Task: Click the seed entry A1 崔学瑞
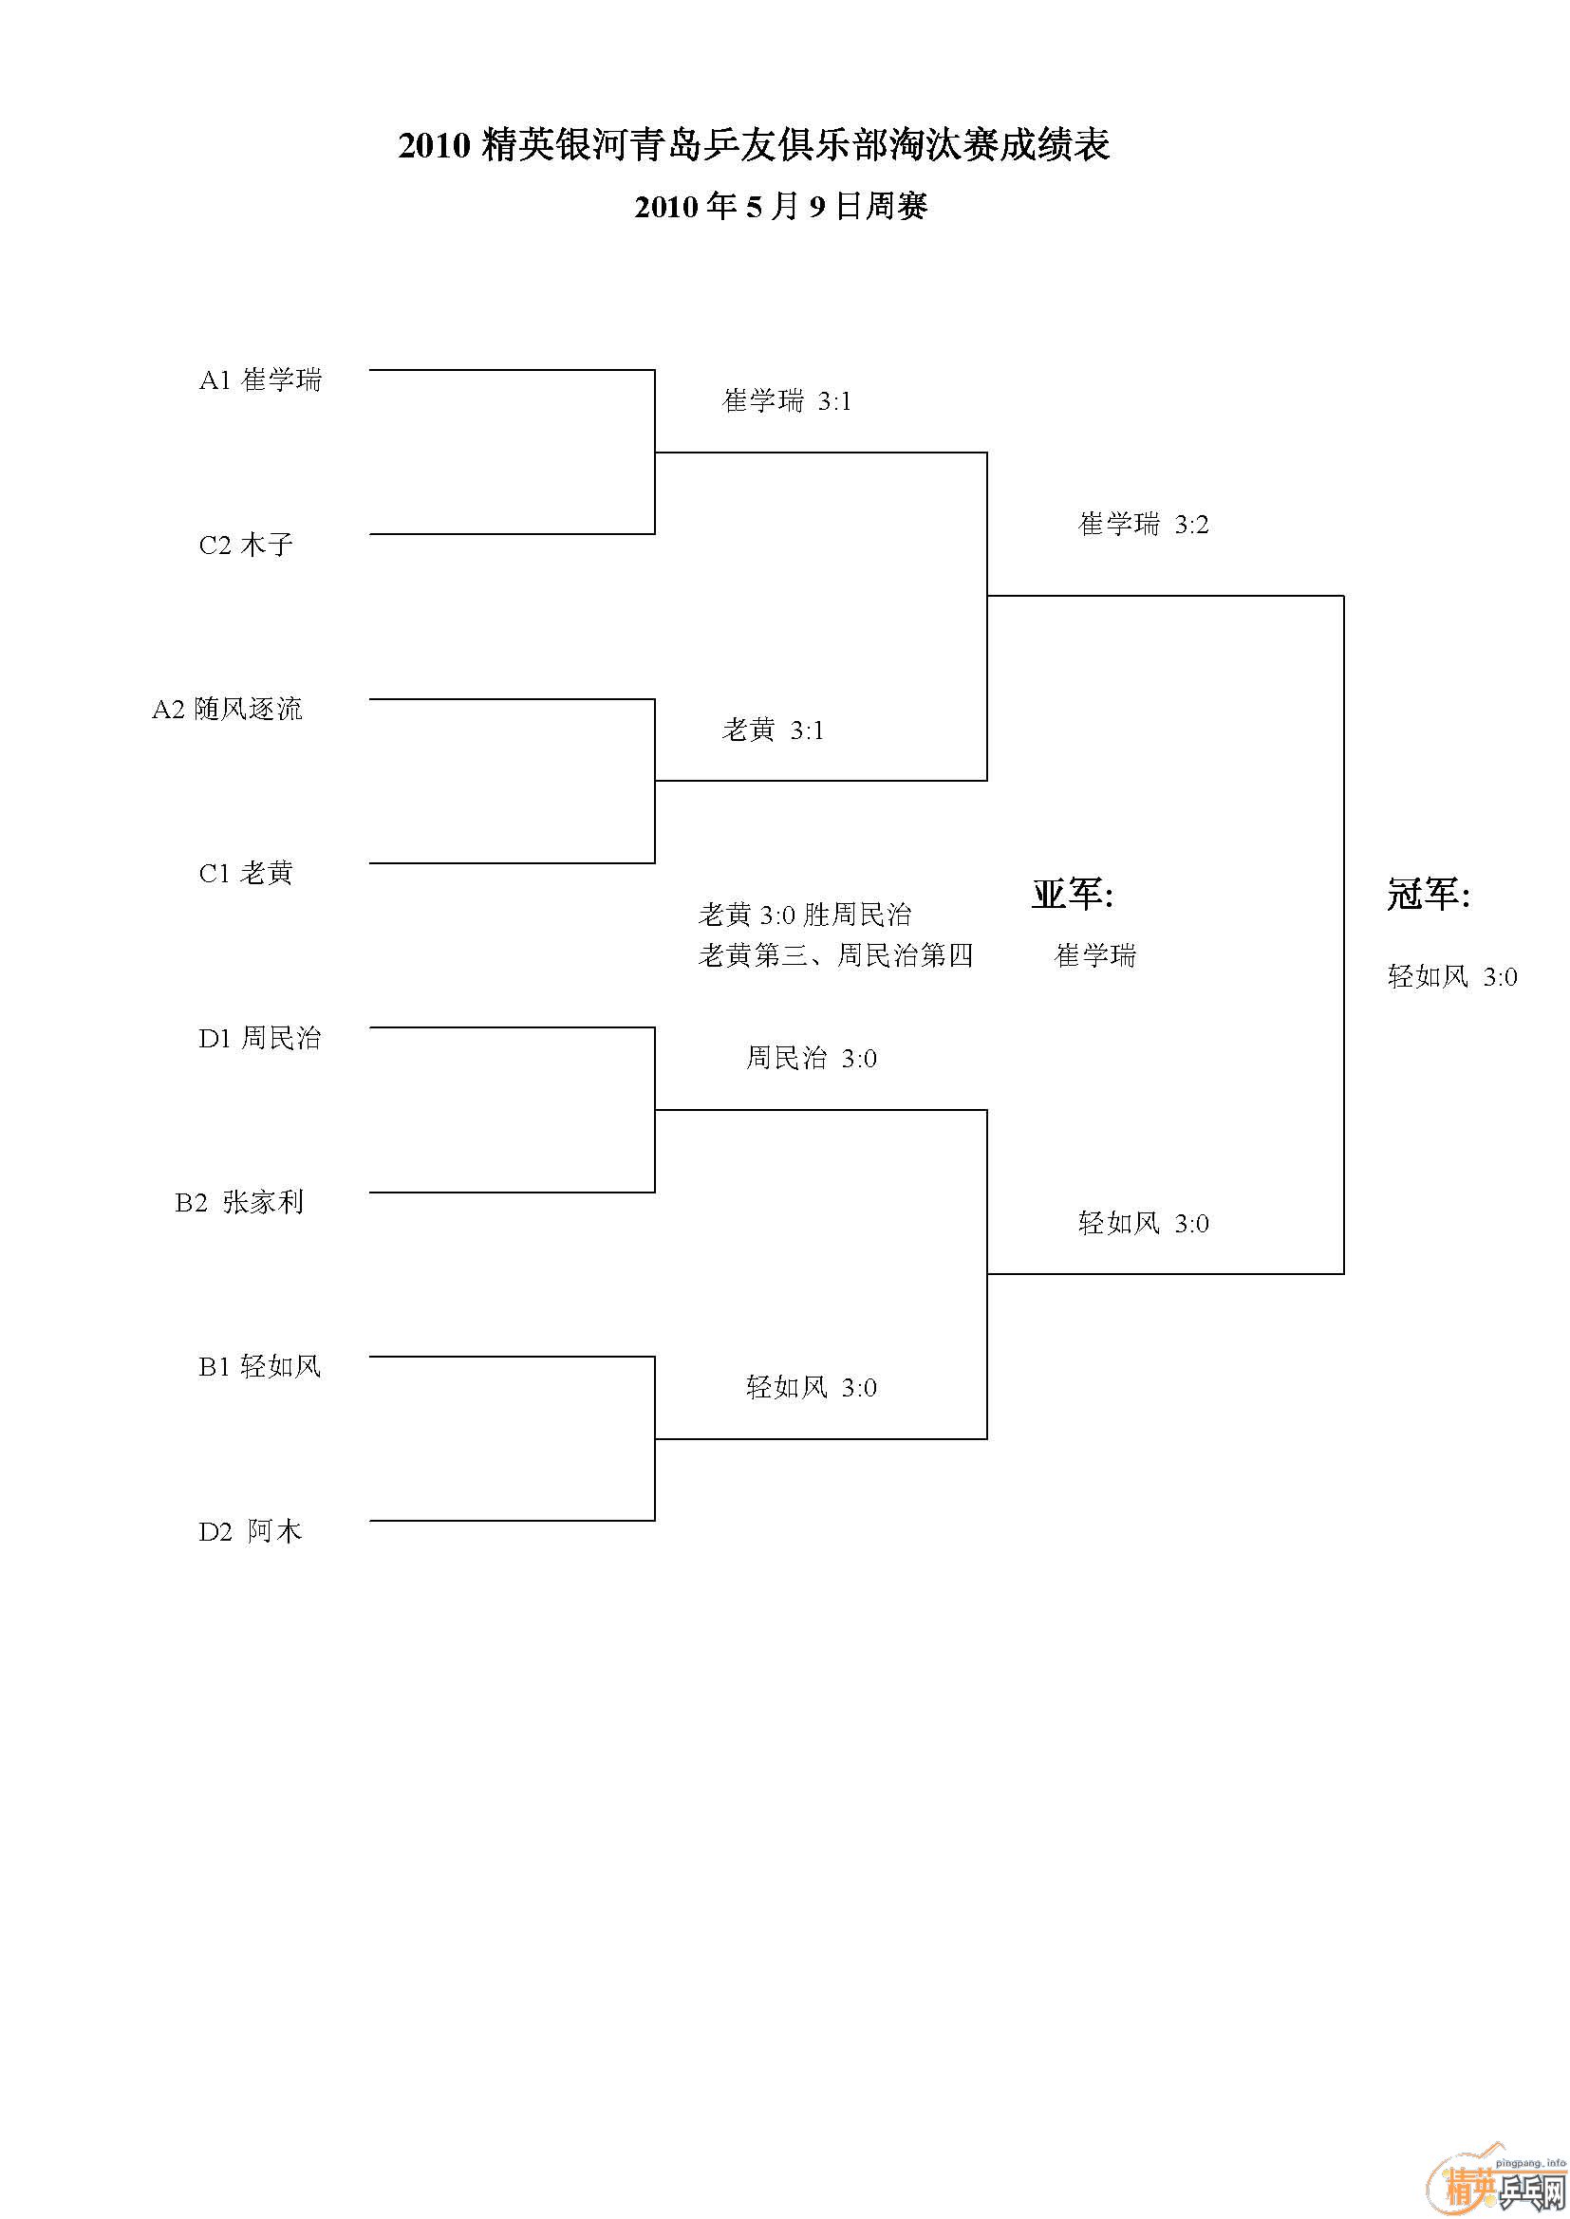click(x=260, y=379)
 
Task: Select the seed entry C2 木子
click(x=246, y=546)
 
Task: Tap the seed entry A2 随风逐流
click(x=227, y=710)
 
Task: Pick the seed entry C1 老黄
click(x=246, y=874)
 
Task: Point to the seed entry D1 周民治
click(x=260, y=1038)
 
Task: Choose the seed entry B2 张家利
click(x=240, y=1202)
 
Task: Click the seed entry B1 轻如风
click(x=260, y=1366)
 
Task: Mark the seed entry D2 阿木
click(x=251, y=1531)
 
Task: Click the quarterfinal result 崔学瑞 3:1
click(x=787, y=401)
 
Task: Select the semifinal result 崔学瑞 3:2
click(x=1143, y=524)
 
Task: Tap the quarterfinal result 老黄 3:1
click(x=773, y=730)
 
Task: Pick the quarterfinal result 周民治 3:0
click(x=811, y=1059)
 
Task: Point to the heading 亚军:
click(x=1072, y=895)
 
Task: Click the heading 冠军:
click(x=1428, y=895)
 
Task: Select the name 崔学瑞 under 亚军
click(x=1094, y=956)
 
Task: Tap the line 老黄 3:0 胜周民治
click(x=804, y=915)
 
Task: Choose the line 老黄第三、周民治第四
click(x=835, y=956)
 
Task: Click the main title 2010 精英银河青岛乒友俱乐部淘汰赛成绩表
click(x=754, y=146)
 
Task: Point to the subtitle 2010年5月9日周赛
click(x=781, y=206)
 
